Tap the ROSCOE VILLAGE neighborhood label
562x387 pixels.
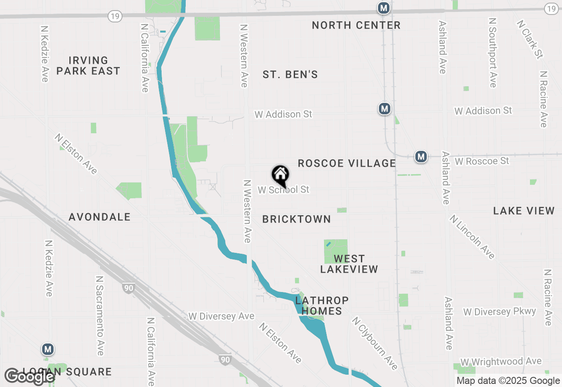coord(347,164)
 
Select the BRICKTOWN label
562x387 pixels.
coord(296,219)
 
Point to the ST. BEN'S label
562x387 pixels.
coord(290,75)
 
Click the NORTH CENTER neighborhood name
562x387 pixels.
coord(356,26)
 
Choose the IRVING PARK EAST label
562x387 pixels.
coord(88,66)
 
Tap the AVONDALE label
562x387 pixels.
coord(100,217)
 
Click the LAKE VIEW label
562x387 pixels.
coord(524,211)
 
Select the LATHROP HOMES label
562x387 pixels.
coord(322,306)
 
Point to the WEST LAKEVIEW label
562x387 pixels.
coord(349,264)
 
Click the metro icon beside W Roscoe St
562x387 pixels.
coord(421,156)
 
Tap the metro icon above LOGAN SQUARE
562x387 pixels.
coord(48,350)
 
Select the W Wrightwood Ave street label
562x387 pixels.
coord(501,362)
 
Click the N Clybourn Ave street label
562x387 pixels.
coord(375,343)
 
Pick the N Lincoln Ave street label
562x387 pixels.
coord(472,237)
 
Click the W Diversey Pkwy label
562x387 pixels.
coord(500,312)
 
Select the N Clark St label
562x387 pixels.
coord(530,39)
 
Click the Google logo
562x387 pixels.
coord(29,377)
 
